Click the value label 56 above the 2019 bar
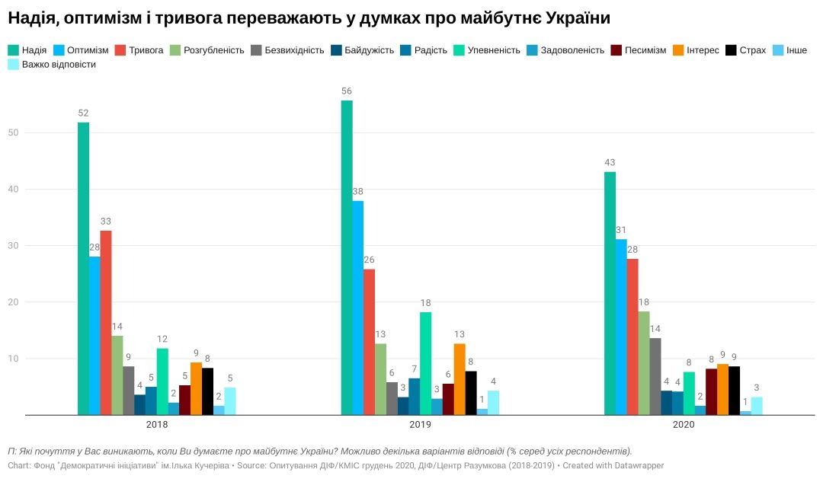point(347,91)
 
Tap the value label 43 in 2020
point(610,162)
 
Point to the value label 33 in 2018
point(106,222)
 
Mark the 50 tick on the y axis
point(15,133)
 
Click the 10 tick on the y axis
point(15,359)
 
